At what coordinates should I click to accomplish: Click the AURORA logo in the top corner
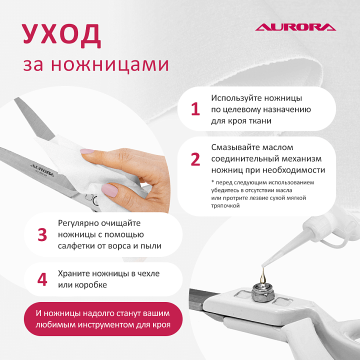pyautogui.click(x=295, y=27)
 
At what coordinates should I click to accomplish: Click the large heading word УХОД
pyautogui.click(x=61, y=34)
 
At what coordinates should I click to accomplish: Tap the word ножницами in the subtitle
pyautogui.click(x=109, y=64)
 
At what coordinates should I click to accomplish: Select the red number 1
pyautogui.click(x=195, y=109)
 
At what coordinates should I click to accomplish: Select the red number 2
pyautogui.click(x=195, y=159)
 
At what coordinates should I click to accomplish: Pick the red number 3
pyautogui.click(x=42, y=234)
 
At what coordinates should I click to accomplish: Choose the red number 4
pyautogui.click(x=42, y=279)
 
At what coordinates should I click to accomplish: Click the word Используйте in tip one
pyautogui.click(x=236, y=98)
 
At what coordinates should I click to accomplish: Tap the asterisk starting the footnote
pyautogui.click(x=212, y=182)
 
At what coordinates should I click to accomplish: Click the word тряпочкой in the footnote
pyautogui.click(x=225, y=205)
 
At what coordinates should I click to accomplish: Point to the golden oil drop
pyautogui.click(x=263, y=276)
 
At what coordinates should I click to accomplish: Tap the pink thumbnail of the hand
pyautogui.click(x=109, y=190)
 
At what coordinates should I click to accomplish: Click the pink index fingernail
pyautogui.click(x=87, y=151)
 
